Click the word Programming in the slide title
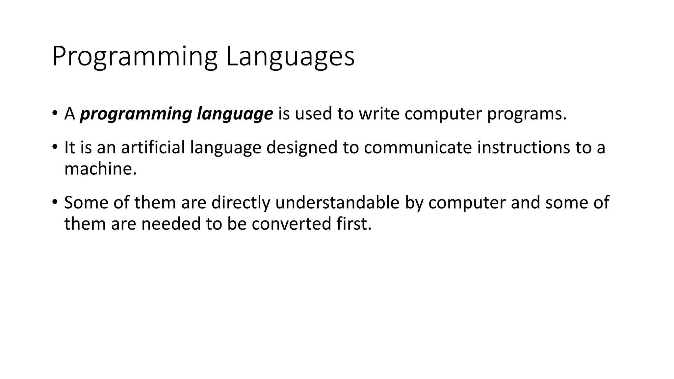135,57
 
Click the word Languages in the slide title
290,57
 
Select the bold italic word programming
136,114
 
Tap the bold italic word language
235,114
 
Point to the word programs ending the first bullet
527,114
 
